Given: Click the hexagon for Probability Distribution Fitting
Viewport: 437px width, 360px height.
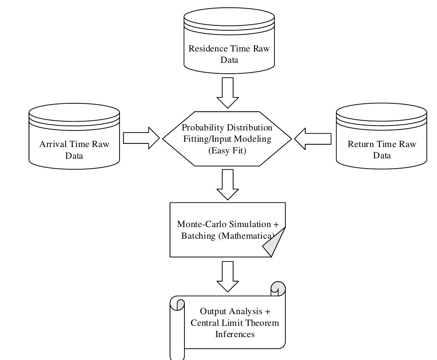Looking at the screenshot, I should coord(227,139).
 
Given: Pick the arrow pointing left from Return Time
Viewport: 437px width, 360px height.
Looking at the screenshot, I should coord(313,139).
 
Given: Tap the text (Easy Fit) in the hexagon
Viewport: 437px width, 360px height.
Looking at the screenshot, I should coord(227,151).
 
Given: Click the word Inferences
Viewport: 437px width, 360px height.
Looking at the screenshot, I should coord(235,334).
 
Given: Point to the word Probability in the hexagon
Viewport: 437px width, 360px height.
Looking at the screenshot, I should coord(203,128).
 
